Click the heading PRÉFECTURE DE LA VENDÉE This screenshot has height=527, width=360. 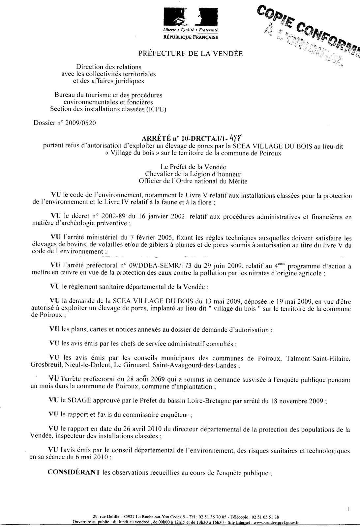(191, 53)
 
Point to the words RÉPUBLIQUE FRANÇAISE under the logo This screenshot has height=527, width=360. (191, 37)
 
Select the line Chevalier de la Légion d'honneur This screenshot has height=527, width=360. (193, 174)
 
